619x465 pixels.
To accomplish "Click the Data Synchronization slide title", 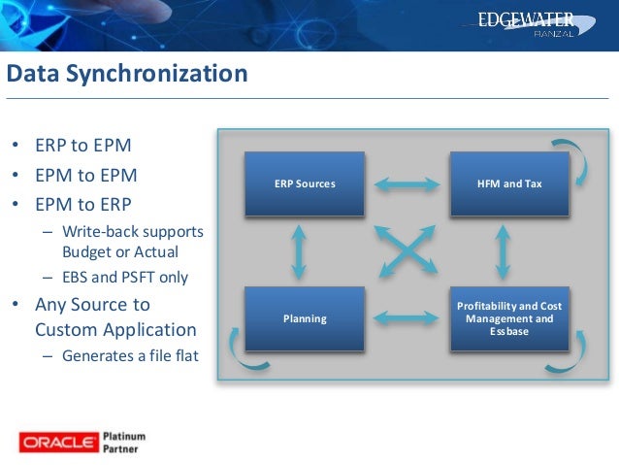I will point(127,74).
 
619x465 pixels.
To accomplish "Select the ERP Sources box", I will point(305,183).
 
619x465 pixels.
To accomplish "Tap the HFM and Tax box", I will point(509,183).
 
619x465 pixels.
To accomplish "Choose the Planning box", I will point(305,317).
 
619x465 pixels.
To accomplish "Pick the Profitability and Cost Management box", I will point(509,317).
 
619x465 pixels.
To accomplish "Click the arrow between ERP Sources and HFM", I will point(407,183).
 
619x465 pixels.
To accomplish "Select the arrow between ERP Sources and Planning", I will point(299,250).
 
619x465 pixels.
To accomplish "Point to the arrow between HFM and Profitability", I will point(503,250).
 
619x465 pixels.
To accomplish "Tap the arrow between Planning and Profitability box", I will point(407,316).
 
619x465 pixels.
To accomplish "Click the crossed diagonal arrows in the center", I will point(402,250).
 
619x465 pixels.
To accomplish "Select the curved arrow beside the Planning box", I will point(234,343).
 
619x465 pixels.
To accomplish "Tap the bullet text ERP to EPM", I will point(84,147).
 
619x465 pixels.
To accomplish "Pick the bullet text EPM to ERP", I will point(84,205).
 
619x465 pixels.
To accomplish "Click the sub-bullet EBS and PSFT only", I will point(125,277).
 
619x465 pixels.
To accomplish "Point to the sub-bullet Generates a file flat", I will point(130,355).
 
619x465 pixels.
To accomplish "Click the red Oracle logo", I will point(58,443).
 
